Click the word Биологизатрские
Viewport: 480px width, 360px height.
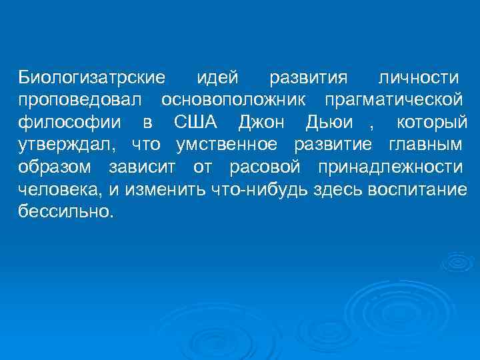click(x=91, y=77)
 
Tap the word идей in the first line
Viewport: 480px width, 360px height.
click(x=217, y=77)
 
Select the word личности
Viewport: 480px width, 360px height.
click(x=418, y=77)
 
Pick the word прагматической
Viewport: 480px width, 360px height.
click(x=393, y=100)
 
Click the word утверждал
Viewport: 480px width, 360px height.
click(x=67, y=145)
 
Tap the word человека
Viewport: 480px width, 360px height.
click(x=59, y=189)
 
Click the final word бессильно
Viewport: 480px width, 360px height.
click(x=65, y=212)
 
